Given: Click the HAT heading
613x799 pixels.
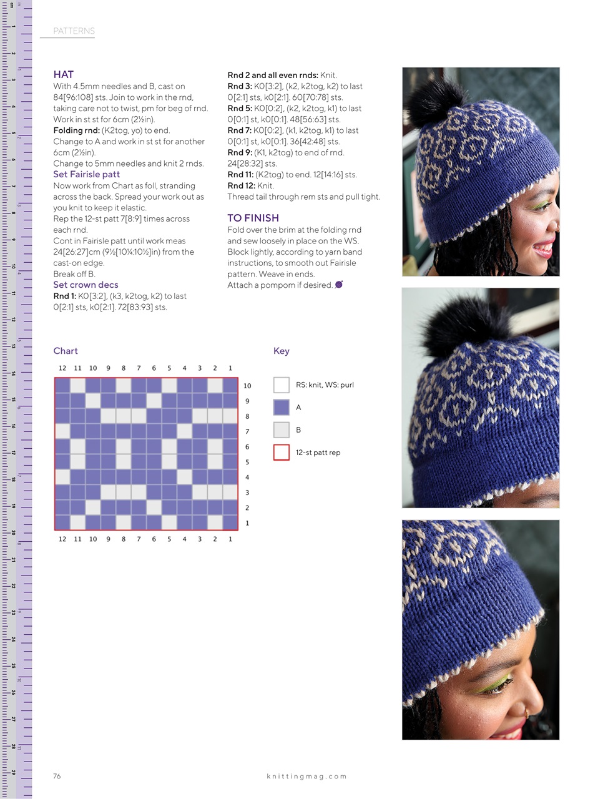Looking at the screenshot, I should [64, 74].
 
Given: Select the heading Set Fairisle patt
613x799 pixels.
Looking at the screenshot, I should [86, 174].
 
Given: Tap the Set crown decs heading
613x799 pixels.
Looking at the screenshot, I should [86, 285].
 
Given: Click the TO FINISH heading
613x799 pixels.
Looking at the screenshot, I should [253, 218].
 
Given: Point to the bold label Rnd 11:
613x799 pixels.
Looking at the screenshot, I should [240, 175].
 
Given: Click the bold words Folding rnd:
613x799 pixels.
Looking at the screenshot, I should [76, 130].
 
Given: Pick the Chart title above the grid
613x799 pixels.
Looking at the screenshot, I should [66, 351].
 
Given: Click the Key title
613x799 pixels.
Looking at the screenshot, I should [282, 351].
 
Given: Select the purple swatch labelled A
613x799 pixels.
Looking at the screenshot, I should [282, 408].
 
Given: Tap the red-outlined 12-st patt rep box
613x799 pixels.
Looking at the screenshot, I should [282, 453].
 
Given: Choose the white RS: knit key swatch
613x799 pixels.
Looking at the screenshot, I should [282, 385].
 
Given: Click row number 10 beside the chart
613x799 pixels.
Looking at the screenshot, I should [247, 386].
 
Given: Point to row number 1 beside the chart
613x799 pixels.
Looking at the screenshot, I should [247, 523].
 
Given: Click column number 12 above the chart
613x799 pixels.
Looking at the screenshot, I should [62, 368].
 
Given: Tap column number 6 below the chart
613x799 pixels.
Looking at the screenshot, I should [154, 539].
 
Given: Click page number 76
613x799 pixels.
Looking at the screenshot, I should [57, 776].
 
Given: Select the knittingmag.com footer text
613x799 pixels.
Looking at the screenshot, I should [306, 777].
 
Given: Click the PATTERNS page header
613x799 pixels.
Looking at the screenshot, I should [74, 31].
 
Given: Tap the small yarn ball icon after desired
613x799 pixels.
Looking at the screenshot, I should [339, 285].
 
